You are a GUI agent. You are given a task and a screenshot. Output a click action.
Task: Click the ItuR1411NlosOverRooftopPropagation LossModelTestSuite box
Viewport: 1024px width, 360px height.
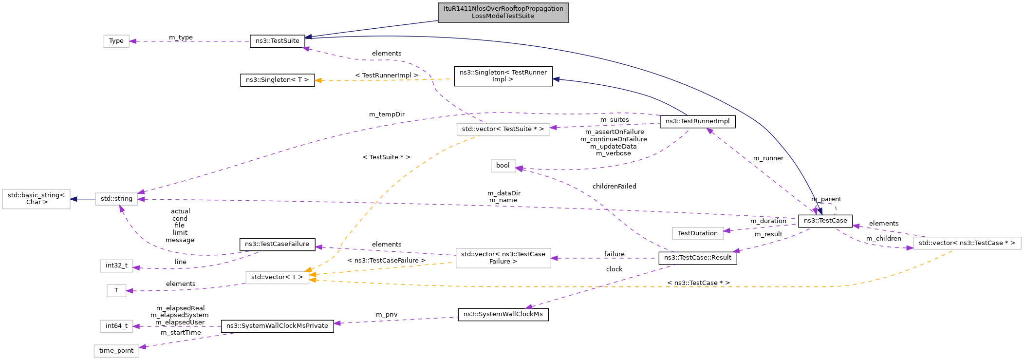tap(503, 12)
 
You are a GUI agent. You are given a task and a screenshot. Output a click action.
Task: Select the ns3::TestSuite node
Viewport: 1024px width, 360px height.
tap(277, 41)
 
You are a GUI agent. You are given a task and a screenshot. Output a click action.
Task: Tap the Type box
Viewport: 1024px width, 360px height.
tap(116, 41)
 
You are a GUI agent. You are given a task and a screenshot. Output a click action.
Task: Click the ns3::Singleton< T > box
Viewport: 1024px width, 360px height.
tap(277, 80)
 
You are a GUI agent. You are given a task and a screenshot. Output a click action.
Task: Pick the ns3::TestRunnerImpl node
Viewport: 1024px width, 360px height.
tap(697, 121)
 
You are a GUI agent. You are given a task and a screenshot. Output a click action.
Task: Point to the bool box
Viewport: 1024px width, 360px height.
tap(503, 166)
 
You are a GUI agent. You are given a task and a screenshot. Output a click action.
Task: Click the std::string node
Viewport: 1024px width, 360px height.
tap(116, 199)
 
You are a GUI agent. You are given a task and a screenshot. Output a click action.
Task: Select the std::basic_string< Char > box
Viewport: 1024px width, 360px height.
tap(37, 199)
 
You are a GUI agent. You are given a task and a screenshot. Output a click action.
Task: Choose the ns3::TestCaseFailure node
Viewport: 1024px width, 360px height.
tap(277, 244)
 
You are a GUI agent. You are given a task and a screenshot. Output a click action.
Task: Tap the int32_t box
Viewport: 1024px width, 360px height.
tap(116, 265)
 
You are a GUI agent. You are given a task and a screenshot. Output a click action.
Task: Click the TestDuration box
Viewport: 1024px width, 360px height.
tap(697, 233)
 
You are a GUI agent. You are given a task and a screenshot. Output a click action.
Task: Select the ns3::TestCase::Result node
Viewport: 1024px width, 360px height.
tap(697, 258)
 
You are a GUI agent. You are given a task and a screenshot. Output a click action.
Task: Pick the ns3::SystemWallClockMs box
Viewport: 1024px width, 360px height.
tap(503, 314)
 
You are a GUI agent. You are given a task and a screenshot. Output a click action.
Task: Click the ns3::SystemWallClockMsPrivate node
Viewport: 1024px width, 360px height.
tap(277, 326)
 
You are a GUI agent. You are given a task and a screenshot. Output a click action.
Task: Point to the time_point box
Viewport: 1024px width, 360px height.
tap(116, 351)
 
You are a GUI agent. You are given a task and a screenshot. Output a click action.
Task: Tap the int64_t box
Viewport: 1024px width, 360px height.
tap(116, 326)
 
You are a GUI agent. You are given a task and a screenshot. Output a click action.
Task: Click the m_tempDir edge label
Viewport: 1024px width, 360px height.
tap(387, 114)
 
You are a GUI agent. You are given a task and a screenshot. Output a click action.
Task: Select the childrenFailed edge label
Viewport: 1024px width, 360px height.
tap(614, 187)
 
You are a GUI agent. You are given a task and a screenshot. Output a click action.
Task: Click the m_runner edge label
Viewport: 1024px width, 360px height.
tap(768, 158)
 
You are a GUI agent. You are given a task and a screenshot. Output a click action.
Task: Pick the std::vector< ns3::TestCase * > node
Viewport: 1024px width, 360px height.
tap(967, 243)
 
